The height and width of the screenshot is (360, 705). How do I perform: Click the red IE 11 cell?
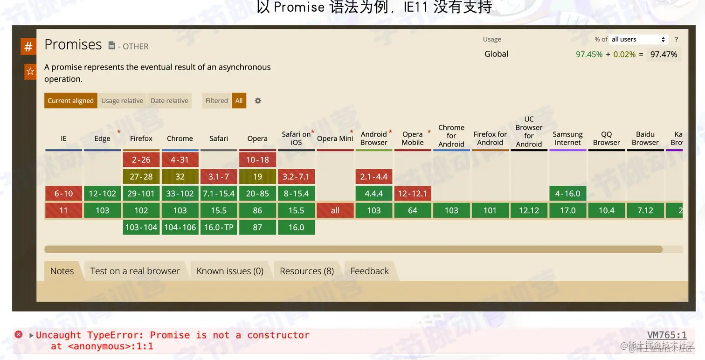click(63, 210)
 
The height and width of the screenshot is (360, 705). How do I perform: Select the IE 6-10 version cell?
click(63, 194)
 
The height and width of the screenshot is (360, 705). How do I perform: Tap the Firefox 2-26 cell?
click(141, 160)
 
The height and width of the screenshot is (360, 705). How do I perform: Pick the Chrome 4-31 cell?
click(180, 160)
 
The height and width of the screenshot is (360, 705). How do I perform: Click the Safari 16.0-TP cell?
click(219, 227)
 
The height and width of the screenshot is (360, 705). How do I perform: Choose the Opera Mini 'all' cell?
click(335, 210)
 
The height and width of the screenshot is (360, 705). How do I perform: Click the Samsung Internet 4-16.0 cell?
click(567, 194)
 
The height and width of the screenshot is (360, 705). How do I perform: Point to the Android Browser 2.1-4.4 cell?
click(373, 177)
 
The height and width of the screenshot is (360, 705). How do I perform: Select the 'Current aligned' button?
click(71, 101)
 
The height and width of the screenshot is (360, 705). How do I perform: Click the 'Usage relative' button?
click(122, 101)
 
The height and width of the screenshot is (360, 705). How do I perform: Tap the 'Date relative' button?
click(169, 101)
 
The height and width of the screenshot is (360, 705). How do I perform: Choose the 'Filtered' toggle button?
click(217, 101)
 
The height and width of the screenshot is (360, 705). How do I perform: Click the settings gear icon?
click(258, 101)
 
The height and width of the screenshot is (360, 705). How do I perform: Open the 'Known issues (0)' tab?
click(230, 271)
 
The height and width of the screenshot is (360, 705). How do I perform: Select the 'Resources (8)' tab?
click(307, 271)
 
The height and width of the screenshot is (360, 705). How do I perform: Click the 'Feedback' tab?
click(369, 271)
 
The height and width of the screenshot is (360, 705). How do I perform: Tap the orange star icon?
click(30, 71)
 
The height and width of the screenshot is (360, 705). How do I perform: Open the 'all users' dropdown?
click(638, 40)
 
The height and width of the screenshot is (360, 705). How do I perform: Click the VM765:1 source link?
click(667, 335)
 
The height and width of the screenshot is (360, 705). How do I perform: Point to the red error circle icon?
click(19, 334)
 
